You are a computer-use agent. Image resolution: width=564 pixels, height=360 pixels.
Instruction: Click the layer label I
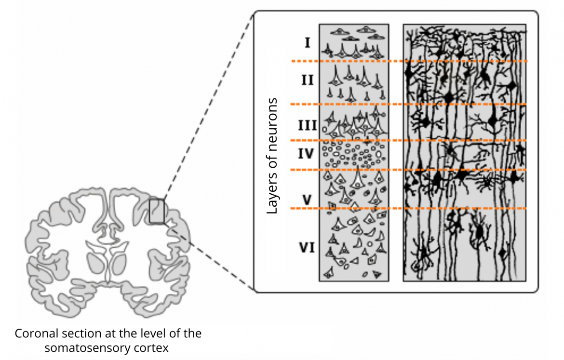click(307, 43)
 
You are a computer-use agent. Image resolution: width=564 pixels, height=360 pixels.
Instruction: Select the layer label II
click(308, 80)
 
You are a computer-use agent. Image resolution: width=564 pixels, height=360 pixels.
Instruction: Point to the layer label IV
click(306, 154)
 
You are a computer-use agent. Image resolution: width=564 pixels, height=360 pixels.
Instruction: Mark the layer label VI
click(307, 248)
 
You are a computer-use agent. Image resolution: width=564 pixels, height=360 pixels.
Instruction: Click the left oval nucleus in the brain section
click(95, 263)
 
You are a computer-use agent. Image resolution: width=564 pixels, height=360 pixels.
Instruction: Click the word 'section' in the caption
click(80, 333)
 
